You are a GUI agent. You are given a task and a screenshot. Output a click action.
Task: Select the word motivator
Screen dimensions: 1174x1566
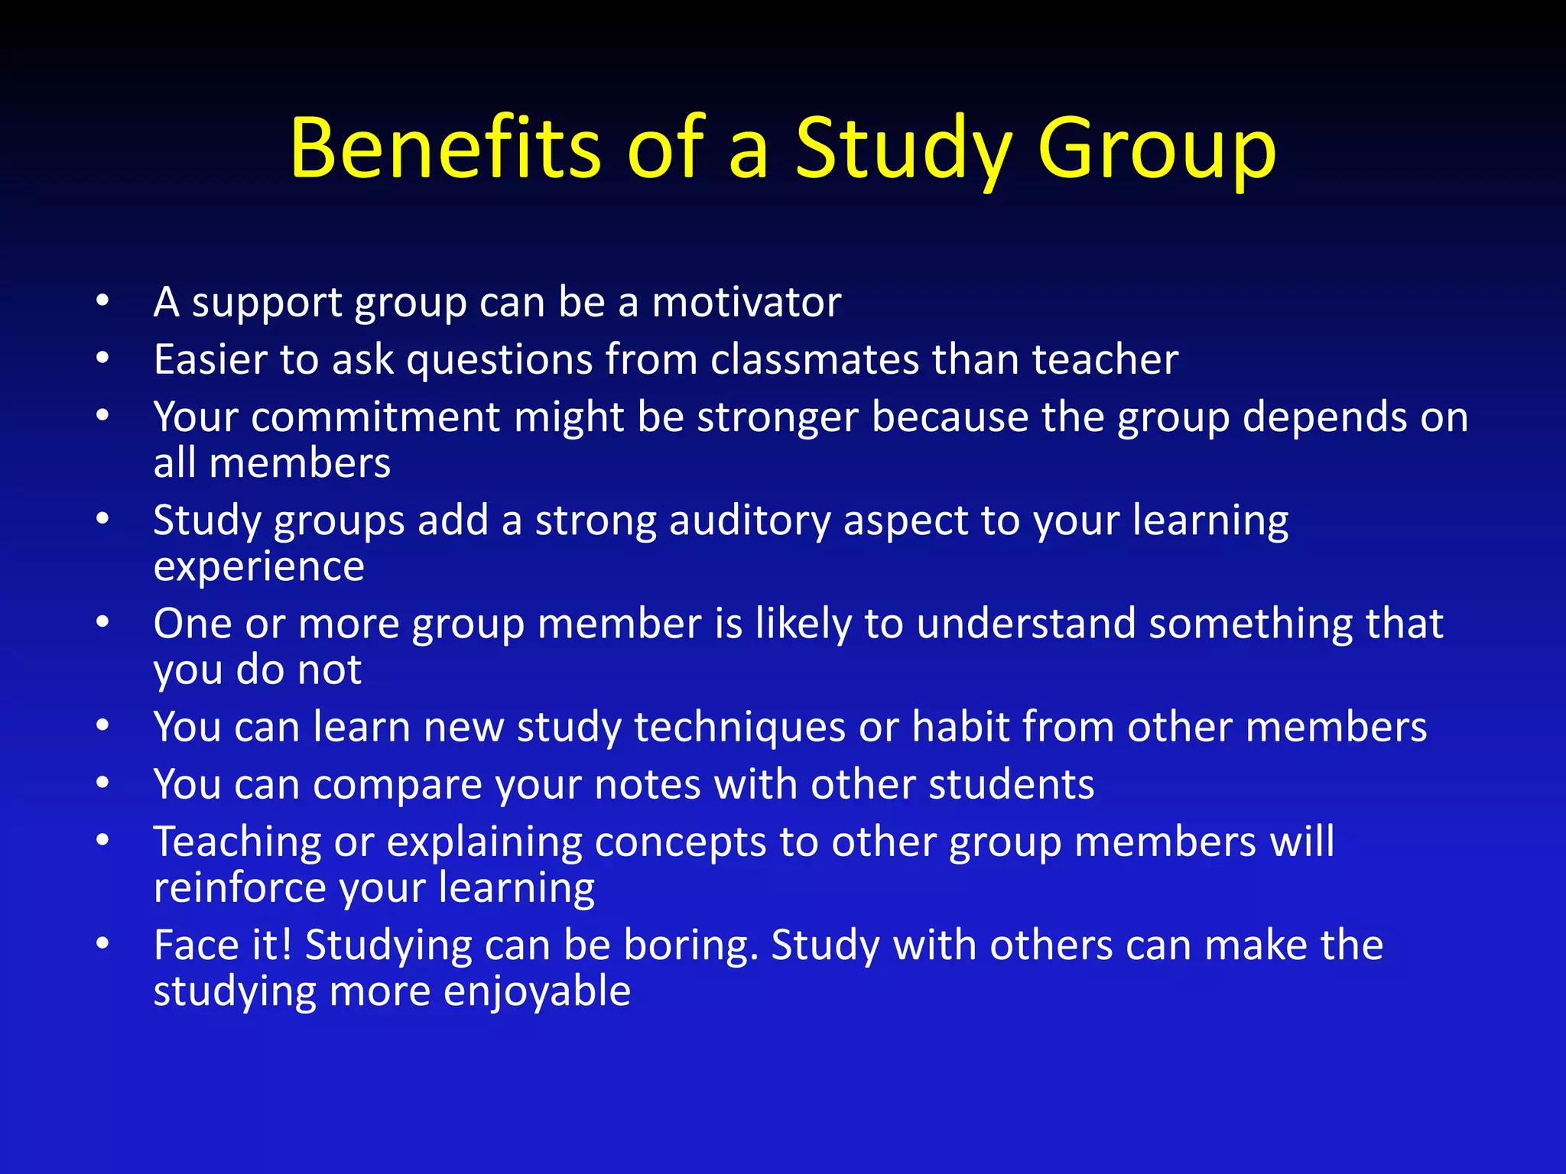click(x=746, y=302)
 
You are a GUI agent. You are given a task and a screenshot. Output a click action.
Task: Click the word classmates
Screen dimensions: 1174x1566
click(x=814, y=359)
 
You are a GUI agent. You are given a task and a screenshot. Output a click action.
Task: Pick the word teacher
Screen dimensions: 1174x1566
click(x=1105, y=359)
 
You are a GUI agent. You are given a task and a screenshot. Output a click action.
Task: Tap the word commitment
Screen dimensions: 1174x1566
click(x=375, y=417)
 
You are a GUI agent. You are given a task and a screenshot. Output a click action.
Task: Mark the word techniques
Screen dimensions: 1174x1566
click(x=739, y=727)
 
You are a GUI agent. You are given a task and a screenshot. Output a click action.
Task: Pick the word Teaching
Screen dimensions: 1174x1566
click(x=237, y=842)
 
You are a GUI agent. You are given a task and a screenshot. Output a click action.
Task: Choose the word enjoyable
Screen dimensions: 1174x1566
click(x=537, y=992)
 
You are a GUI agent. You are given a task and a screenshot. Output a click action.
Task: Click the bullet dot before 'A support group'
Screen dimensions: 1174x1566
click(x=103, y=300)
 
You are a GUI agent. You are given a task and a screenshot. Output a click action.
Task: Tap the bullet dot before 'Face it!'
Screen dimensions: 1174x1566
click(x=103, y=944)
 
